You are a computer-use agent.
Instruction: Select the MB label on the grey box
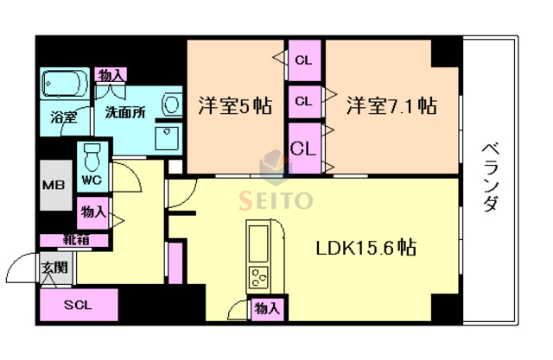coord(54,185)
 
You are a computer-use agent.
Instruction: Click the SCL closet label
coord(79,306)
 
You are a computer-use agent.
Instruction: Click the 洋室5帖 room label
coord(235,106)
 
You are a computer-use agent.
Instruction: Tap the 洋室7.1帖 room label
coord(391,106)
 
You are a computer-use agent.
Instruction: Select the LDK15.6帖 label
coord(365,248)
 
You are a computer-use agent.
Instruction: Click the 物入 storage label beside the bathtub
coord(111,75)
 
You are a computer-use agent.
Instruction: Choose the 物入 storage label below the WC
coord(94,211)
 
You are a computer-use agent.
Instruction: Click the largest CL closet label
coord(303,148)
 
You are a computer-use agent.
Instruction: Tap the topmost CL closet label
coord(303,60)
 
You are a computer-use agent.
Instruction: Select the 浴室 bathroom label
coord(63,116)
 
